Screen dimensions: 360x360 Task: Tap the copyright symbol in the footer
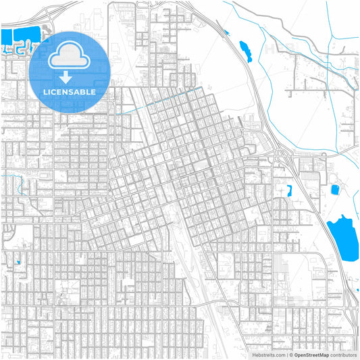pos(290,354)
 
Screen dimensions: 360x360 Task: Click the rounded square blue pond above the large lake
pos(334,188)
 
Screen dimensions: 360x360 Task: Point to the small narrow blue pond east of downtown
pos(289,190)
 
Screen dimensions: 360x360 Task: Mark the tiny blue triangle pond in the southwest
pos(18,262)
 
